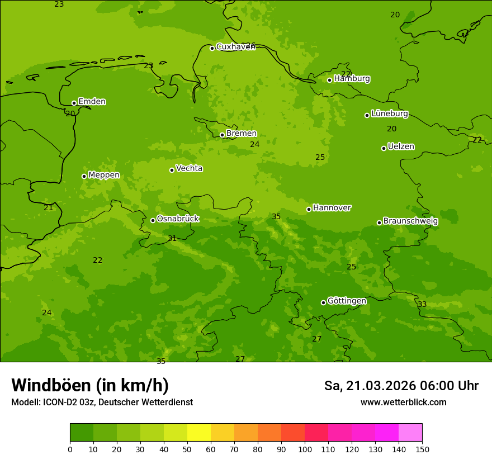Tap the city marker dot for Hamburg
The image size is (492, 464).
tap(329, 80)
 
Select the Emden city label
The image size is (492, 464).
tap(92, 102)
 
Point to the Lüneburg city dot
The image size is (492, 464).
tap(367, 115)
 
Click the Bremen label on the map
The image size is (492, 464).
tap(242, 134)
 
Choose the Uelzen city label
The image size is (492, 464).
tap(401, 147)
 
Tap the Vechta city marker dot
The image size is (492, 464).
tap(172, 170)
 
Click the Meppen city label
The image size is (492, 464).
tap(104, 175)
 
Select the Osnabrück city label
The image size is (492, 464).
tap(178, 219)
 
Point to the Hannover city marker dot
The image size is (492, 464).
tap(309, 209)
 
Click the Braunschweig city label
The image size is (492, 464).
tap(410, 221)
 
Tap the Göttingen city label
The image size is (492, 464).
tap(347, 301)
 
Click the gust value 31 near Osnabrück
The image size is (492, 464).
tap(172, 239)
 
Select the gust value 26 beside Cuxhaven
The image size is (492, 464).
tap(250, 46)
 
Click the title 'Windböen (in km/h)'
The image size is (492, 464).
tap(90, 385)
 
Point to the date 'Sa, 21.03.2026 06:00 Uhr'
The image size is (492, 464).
tap(401, 386)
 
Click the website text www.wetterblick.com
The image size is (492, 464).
tap(403, 403)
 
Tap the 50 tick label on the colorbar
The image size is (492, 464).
tap(187, 449)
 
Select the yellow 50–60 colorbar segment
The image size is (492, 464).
tap(199, 433)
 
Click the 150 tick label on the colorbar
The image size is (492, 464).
tap(422, 449)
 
